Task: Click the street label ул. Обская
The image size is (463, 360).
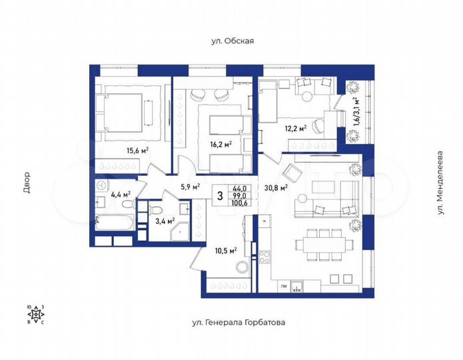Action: [x=232, y=41]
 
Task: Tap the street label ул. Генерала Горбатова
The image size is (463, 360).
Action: [x=238, y=322]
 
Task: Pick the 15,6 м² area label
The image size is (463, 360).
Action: [x=137, y=150]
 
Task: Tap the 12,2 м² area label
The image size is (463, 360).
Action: [x=295, y=129]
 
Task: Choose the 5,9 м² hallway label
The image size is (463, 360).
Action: [x=189, y=187]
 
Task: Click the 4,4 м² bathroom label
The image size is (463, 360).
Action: [x=121, y=195]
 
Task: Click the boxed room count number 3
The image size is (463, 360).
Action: [x=220, y=195]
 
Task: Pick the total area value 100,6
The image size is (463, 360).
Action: [x=240, y=203]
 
